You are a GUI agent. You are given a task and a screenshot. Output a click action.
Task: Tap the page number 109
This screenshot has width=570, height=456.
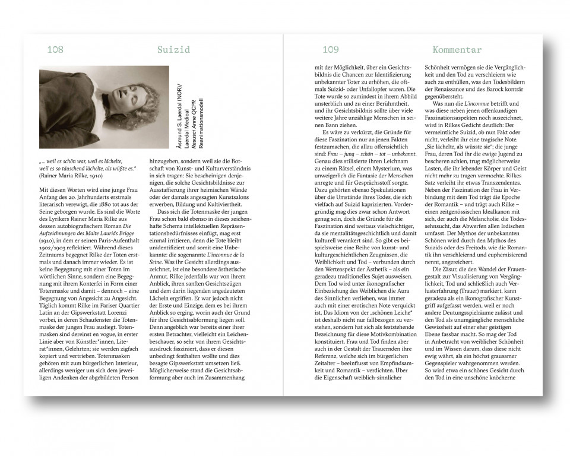tap(331, 50)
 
